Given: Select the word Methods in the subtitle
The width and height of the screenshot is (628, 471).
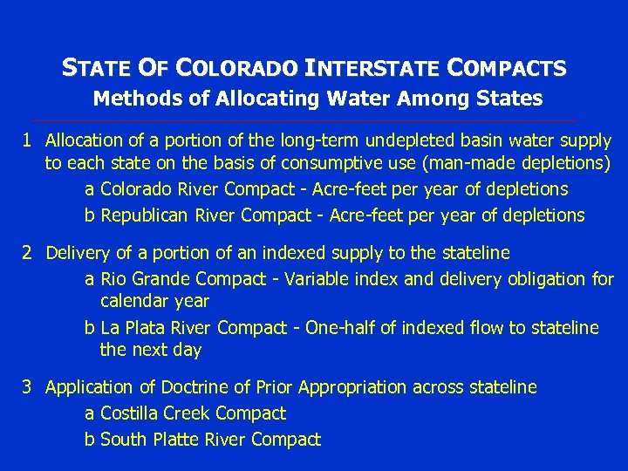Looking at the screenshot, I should tap(128, 98).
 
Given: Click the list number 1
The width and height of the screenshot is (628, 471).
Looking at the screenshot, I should tap(28, 140).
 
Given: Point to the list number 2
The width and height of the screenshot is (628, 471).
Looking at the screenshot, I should tap(28, 253).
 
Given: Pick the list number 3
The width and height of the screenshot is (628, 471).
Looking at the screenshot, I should tap(28, 386).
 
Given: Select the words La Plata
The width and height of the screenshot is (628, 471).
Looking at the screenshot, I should tap(133, 328).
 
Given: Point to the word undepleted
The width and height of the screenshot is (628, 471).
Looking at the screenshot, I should tap(404, 140).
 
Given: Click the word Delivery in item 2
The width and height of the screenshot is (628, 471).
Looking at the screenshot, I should tap(78, 253).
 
